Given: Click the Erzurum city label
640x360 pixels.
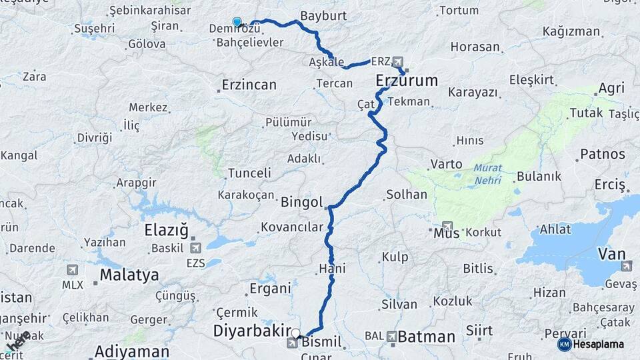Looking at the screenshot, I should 407,81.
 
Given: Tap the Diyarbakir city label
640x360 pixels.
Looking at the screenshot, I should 252,331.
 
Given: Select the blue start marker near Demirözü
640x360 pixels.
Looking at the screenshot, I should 237,22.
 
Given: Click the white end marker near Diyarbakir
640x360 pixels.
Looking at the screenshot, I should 295,333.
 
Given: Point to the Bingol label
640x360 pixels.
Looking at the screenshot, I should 302,202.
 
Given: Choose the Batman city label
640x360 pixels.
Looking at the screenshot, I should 427,337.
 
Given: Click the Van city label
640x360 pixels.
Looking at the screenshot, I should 612,254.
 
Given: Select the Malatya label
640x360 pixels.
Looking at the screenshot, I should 129,275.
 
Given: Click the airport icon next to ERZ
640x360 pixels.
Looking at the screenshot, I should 398,61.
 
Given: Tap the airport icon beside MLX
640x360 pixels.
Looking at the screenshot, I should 72,270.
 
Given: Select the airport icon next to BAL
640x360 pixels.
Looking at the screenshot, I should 391,337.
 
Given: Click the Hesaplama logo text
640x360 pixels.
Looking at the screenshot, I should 600,344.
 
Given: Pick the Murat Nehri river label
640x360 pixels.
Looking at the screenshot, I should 488,173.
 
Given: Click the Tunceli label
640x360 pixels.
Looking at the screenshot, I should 249,173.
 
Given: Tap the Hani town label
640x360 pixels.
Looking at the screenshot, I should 332,269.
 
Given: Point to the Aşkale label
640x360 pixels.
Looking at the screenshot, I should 327,61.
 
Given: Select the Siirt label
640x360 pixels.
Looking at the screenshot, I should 480,331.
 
